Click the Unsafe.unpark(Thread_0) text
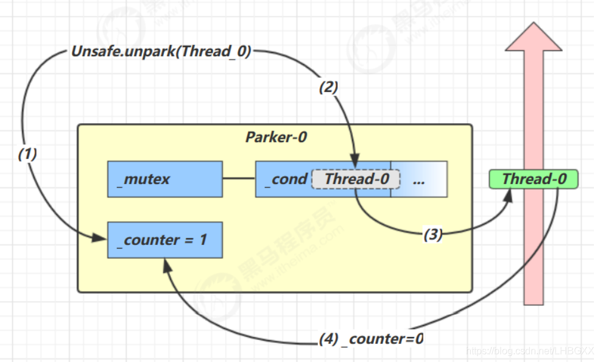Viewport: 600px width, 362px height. (161, 52)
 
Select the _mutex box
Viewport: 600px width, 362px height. (165, 179)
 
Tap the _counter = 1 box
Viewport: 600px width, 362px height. (165, 240)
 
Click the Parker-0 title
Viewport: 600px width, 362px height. (276, 137)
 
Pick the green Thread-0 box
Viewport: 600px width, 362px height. (534, 179)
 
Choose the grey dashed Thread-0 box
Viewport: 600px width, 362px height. (356, 179)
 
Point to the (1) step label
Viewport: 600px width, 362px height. (27, 154)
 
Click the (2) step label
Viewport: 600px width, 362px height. (328, 87)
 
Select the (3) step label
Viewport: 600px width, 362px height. (432, 235)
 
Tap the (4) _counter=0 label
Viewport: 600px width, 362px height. (371, 339)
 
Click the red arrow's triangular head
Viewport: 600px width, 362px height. (534, 38)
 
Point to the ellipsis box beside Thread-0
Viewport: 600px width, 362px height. (419, 180)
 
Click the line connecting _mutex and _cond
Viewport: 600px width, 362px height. (239, 179)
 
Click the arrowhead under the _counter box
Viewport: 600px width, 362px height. (166, 264)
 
